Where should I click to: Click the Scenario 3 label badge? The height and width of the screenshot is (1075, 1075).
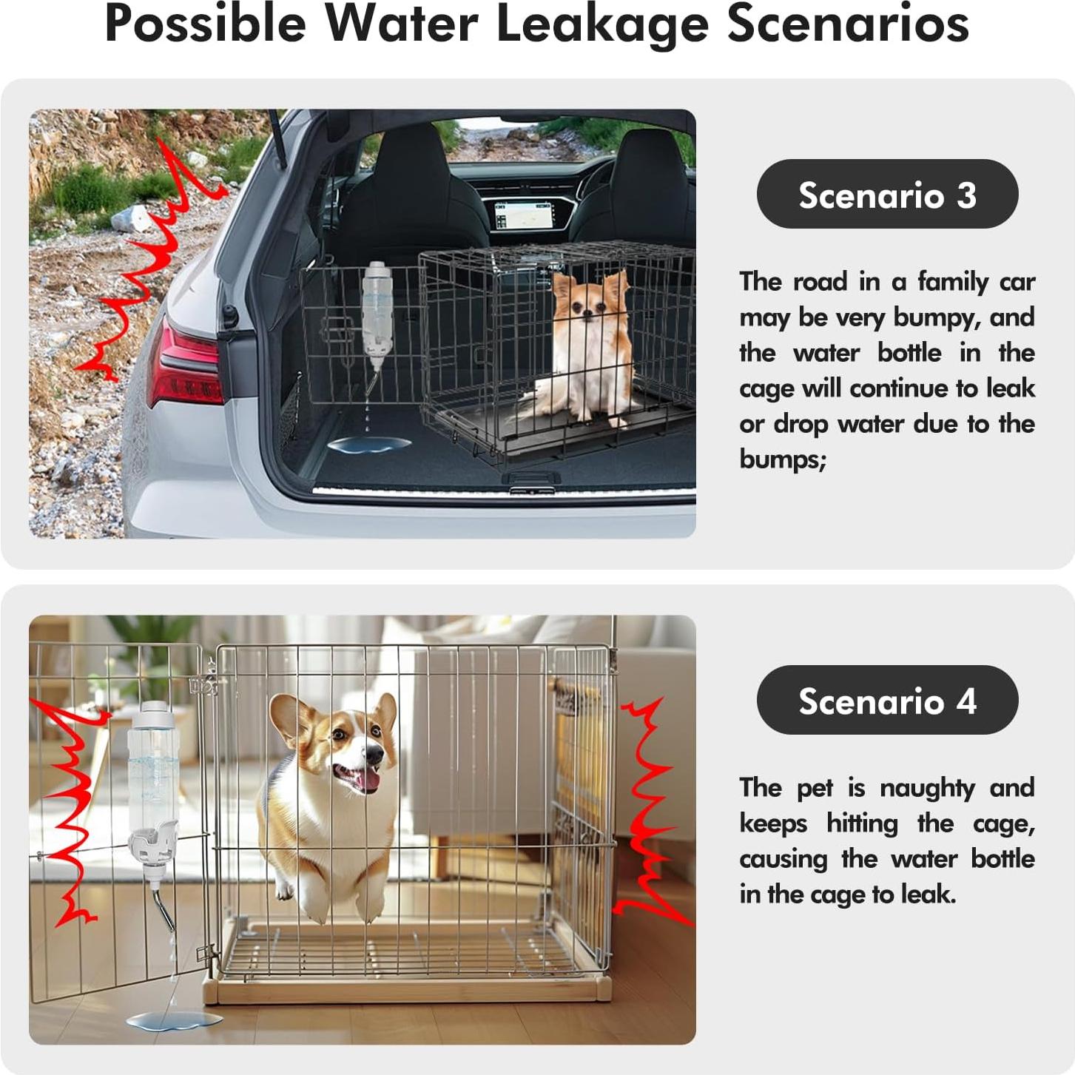[887, 194]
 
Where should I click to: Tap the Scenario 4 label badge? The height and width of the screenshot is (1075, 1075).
[887, 700]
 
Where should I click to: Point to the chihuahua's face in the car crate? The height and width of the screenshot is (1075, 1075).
[590, 305]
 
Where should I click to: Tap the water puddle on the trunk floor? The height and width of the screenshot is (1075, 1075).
[368, 445]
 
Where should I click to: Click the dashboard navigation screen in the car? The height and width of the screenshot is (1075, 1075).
[523, 215]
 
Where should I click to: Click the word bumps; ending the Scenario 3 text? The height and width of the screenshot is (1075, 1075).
[783, 460]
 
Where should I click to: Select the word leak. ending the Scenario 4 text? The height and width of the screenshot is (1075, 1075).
[925, 894]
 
